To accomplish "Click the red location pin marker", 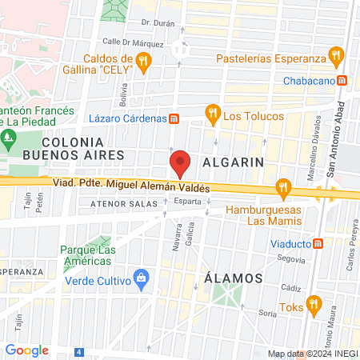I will coord(180,163).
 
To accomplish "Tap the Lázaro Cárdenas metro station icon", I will coord(174,118).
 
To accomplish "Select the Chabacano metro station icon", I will coord(342,80).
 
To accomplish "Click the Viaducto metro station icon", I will coord(318,242).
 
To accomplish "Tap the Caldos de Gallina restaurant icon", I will coord(143,60).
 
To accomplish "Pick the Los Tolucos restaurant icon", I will coord(212,113).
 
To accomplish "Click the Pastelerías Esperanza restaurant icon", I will coord(336,58).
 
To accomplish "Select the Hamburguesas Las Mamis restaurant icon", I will coord(282,189).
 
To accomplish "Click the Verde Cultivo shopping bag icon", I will coord(142,278).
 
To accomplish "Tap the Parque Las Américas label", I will coord(86,254).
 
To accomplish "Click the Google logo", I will coord(26,350).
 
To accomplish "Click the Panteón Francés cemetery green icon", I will coord(10,137).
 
